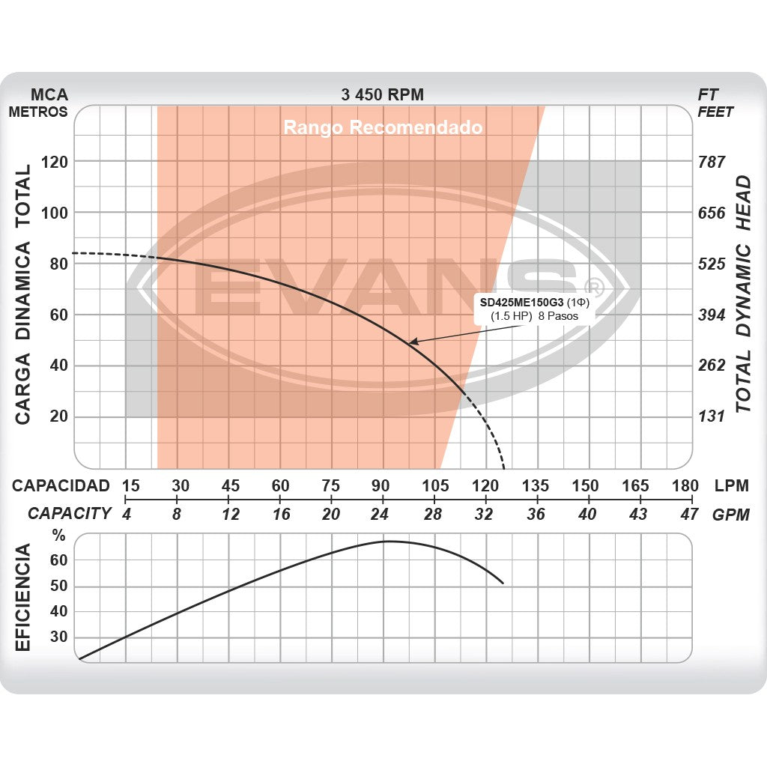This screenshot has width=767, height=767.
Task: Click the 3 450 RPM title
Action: coord(382,94)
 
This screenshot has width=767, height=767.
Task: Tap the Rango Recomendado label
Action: coord(383,127)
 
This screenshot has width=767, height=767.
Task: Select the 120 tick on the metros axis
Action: coord(53,162)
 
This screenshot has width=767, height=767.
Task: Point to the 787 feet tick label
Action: coord(712,162)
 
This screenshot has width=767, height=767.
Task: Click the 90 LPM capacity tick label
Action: coord(382,485)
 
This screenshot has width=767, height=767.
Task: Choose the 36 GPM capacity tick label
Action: coord(536,514)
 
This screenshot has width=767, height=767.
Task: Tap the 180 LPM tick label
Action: coord(685,485)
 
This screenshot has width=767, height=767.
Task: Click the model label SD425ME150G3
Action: coord(521,303)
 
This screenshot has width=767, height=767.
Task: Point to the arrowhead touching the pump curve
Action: coord(411,342)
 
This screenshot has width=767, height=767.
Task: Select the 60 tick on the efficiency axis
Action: coord(59,560)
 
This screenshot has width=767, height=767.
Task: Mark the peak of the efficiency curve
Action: coord(388,541)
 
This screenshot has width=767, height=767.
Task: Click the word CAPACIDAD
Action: coord(61,485)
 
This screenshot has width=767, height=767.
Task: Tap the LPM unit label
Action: coord(731,485)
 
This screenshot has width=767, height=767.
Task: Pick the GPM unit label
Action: coord(730,514)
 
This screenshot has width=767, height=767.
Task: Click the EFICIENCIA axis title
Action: coord(23,597)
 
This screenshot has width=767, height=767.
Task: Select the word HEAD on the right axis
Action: coord(742,202)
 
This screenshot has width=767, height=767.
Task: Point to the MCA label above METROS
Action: coord(49,95)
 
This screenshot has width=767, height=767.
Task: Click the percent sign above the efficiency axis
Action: coord(58,536)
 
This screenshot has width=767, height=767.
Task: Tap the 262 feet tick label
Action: coord(712,366)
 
